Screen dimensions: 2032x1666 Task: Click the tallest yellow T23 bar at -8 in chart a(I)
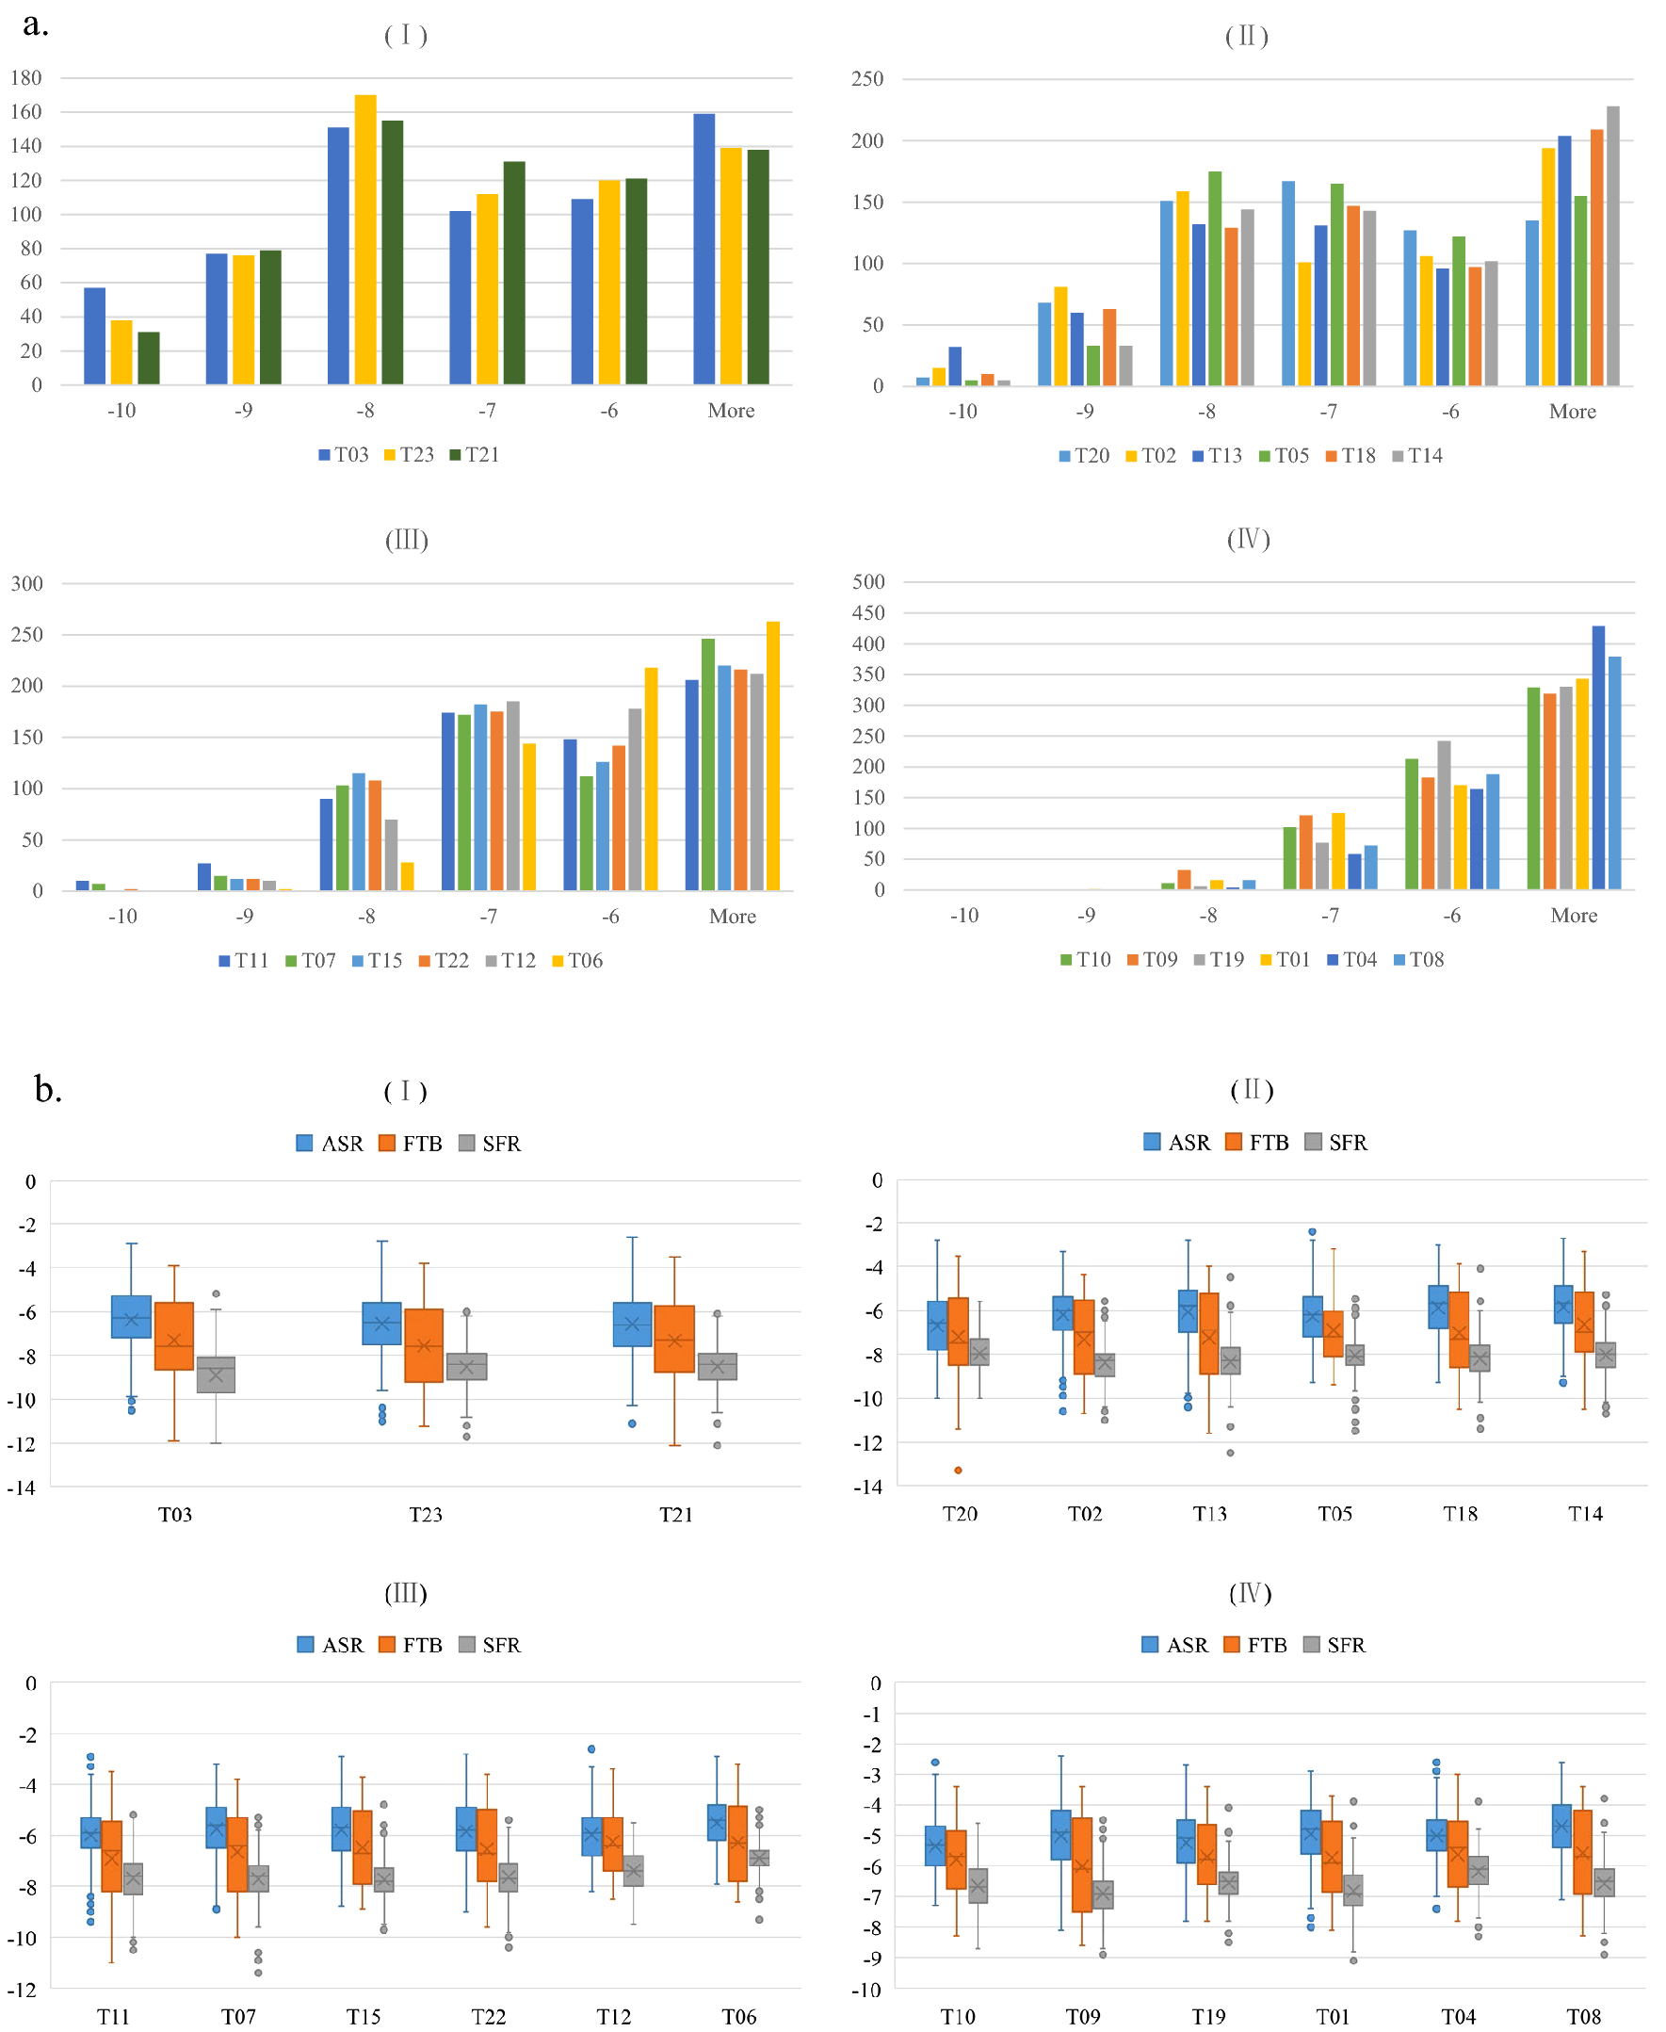coord(365,240)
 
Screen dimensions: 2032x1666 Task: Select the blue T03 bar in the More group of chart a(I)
coord(704,250)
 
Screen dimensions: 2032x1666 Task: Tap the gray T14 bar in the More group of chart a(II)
coord(1613,246)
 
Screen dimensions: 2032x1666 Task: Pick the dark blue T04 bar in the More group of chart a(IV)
coord(1598,758)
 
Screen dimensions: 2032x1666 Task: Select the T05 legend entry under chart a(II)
coord(1284,456)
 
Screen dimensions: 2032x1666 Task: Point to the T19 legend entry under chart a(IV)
coord(1219,960)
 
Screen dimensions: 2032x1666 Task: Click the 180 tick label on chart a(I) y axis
coord(26,78)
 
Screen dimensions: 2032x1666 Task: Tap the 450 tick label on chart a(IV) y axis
coord(868,612)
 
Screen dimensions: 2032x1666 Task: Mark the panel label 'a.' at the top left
coord(36,24)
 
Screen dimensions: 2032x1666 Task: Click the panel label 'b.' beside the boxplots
coord(48,1089)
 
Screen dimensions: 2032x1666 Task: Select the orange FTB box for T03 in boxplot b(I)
coord(173,1336)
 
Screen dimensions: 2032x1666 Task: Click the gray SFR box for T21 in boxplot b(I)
coord(717,1366)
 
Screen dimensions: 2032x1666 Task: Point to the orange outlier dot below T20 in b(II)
coord(958,1471)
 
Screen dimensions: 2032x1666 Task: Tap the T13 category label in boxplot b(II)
coord(1209,1514)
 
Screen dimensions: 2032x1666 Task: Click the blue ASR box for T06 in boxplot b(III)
coord(716,1822)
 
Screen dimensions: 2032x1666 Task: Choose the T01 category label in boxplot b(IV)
coord(1332,2017)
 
